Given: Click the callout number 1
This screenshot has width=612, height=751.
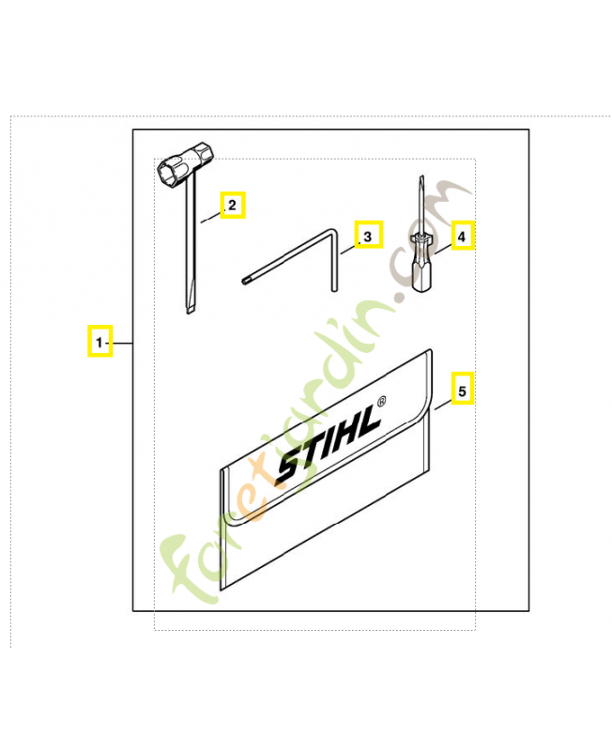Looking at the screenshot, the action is [x=99, y=343].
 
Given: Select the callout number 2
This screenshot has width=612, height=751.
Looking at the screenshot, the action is [x=232, y=205].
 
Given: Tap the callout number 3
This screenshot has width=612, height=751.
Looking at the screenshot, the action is [x=367, y=237].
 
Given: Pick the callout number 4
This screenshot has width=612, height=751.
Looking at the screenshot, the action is [x=462, y=237].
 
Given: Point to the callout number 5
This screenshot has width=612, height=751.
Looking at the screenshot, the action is [x=462, y=391].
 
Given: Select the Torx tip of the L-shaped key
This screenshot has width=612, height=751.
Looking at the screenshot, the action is [x=246, y=280].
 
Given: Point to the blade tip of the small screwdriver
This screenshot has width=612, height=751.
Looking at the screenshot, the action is [x=421, y=178].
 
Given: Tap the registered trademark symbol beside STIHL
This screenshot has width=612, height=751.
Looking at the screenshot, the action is [x=381, y=402].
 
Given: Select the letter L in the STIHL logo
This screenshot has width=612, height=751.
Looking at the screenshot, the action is [x=366, y=421].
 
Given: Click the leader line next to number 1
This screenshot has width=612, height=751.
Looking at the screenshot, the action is [x=121, y=343].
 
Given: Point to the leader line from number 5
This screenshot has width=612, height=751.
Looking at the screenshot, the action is [x=443, y=406].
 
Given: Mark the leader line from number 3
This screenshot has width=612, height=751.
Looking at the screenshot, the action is [x=349, y=248].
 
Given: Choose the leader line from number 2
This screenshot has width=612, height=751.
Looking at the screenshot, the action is [x=210, y=217].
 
